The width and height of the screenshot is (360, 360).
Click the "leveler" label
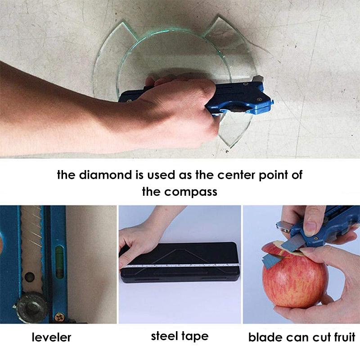51,337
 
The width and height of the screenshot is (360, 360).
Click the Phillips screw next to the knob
58,317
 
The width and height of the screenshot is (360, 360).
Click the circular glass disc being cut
180,58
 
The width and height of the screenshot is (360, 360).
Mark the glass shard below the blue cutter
232,130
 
